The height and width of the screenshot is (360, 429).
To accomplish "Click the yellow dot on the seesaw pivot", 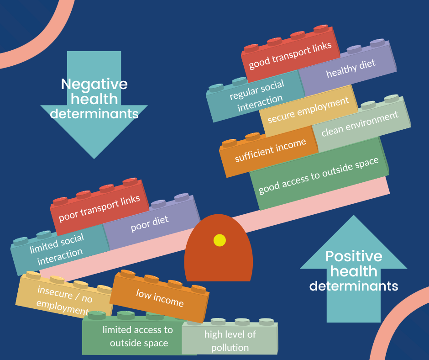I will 220,240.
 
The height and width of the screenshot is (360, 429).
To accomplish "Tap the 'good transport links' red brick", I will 290,56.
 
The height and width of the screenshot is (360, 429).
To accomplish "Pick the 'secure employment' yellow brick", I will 308,111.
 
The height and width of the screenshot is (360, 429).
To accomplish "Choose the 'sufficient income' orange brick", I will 270,152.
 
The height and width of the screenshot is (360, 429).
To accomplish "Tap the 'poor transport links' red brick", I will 99,209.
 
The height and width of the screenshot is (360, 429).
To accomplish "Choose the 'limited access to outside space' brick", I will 137,336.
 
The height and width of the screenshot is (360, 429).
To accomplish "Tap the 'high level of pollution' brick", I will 230,340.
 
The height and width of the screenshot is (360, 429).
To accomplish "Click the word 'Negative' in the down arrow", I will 94,85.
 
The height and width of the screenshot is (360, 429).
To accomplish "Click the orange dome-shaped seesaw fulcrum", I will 218,263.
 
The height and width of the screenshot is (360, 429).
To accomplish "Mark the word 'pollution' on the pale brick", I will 230,348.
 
